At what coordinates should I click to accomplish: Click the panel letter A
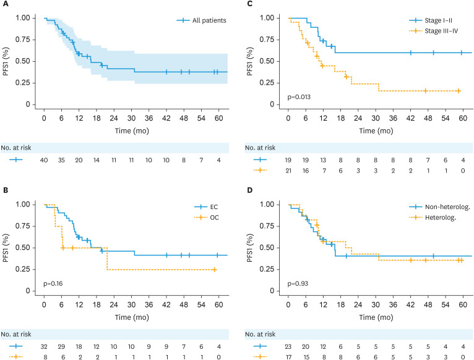pos(5,6)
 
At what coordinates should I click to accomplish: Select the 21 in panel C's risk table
pos(288,169)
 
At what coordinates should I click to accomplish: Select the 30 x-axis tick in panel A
pos(132,117)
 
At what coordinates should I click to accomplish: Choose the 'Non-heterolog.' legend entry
pos(449,207)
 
